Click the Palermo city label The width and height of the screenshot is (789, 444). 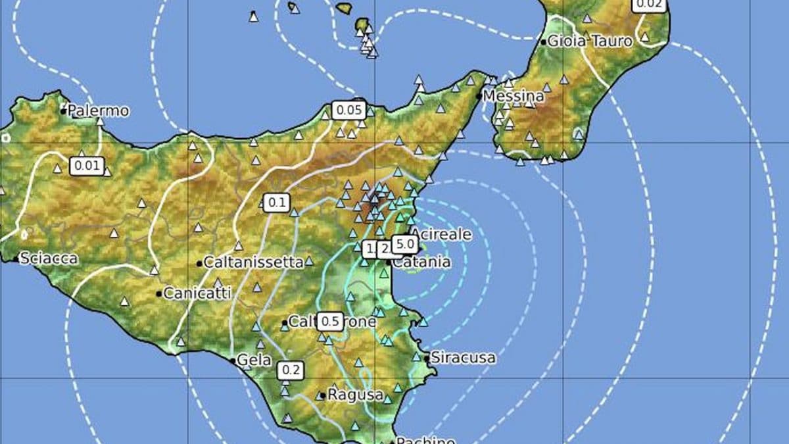coord(99,111)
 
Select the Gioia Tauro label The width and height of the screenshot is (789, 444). coord(590,41)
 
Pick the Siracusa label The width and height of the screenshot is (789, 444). coord(463,358)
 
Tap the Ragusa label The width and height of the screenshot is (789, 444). coord(355,395)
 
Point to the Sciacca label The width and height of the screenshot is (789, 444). coord(49,259)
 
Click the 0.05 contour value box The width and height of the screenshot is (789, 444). coord(348,110)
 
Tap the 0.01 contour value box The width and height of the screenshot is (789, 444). coord(87,165)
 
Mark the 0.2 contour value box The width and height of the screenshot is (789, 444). coord(291,370)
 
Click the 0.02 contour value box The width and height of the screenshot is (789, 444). coord(648,4)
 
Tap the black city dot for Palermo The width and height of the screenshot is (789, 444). coord(64,111)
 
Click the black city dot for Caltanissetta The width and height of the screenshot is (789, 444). coord(199,264)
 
